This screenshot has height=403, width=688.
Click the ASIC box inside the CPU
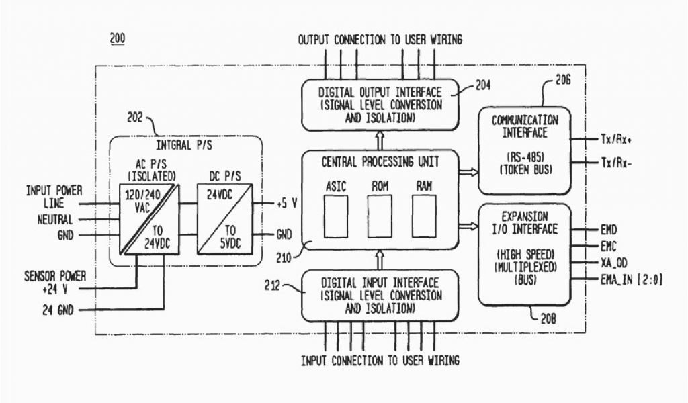click(x=335, y=216)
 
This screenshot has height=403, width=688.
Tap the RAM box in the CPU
click(x=424, y=216)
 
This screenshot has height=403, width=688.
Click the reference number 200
click(x=117, y=39)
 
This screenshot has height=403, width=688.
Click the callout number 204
click(x=482, y=85)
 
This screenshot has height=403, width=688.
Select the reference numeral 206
click(x=562, y=79)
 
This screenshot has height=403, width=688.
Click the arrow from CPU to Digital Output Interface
click(x=380, y=140)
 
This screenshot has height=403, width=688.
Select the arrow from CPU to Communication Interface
click(x=469, y=173)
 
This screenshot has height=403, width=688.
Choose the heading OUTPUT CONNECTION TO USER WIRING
click(x=380, y=40)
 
